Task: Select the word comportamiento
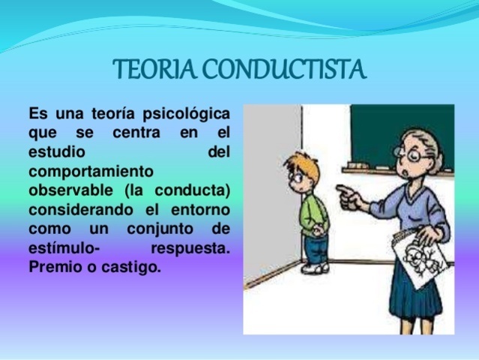90,171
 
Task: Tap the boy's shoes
315,268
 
